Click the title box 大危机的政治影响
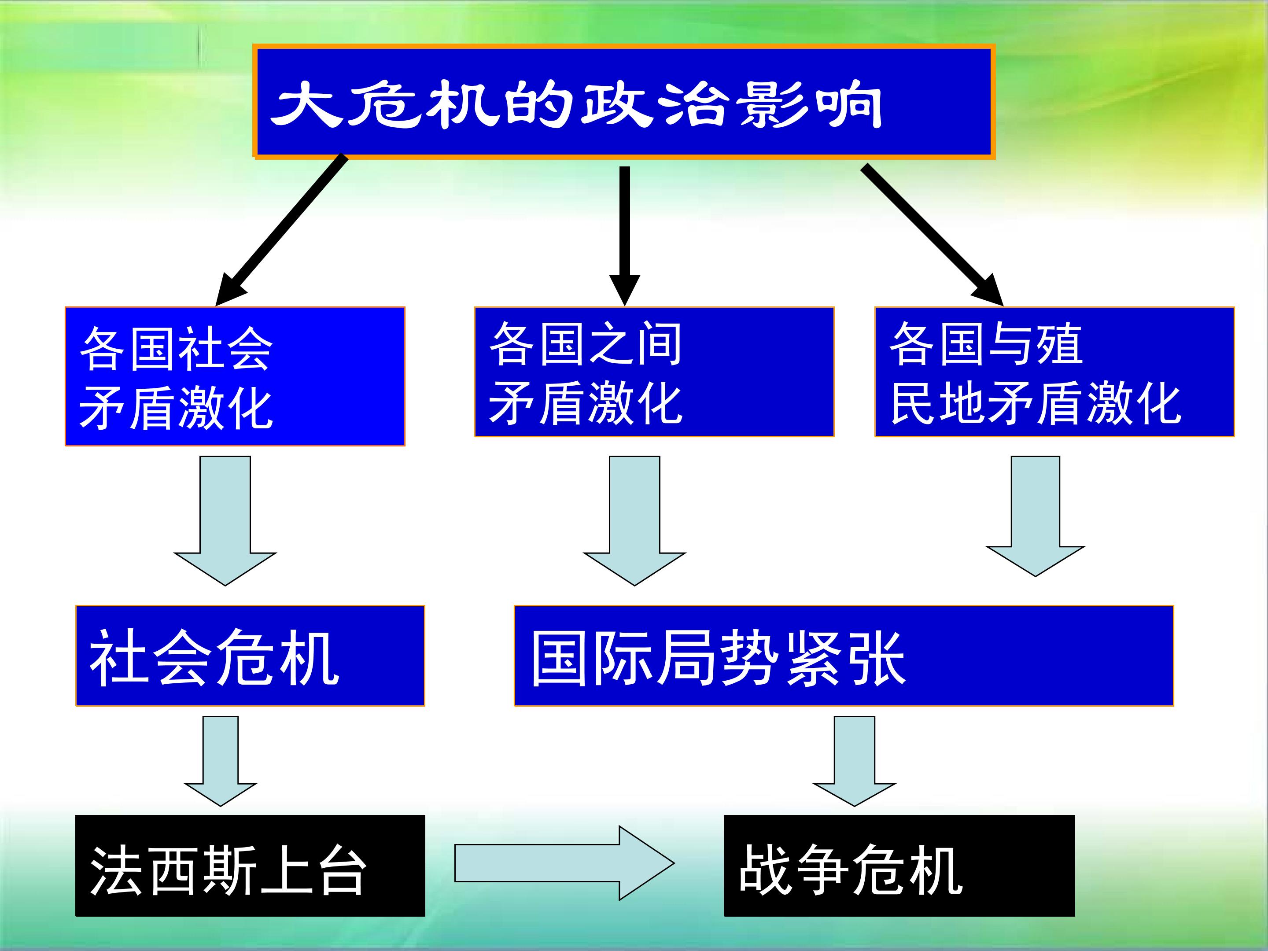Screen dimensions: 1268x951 [624, 101]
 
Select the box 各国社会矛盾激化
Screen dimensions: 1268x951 [235, 376]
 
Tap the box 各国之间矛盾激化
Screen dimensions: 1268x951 [654, 372]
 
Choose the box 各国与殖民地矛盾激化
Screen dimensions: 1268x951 [1054, 372]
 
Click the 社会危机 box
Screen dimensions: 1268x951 [250, 655]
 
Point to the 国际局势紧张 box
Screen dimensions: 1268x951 [844, 655]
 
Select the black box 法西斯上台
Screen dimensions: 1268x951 [250, 866]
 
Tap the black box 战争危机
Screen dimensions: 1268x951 [899, 866]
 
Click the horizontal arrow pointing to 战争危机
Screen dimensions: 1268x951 [564, 863]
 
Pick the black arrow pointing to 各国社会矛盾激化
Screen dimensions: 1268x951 [280, 230]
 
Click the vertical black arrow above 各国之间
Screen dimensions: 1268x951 [624, 236]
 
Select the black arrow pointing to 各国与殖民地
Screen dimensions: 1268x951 [932, 235]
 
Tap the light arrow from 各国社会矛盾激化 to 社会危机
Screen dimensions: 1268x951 [225, 520]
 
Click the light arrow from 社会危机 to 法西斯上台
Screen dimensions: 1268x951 [221, 761]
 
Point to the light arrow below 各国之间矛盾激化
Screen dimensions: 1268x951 [634, 520]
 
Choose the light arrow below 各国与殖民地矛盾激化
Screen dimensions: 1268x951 [1035, 516]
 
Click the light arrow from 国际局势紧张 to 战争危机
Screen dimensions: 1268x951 [854, 761]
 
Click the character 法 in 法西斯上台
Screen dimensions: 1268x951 [116, 870]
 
